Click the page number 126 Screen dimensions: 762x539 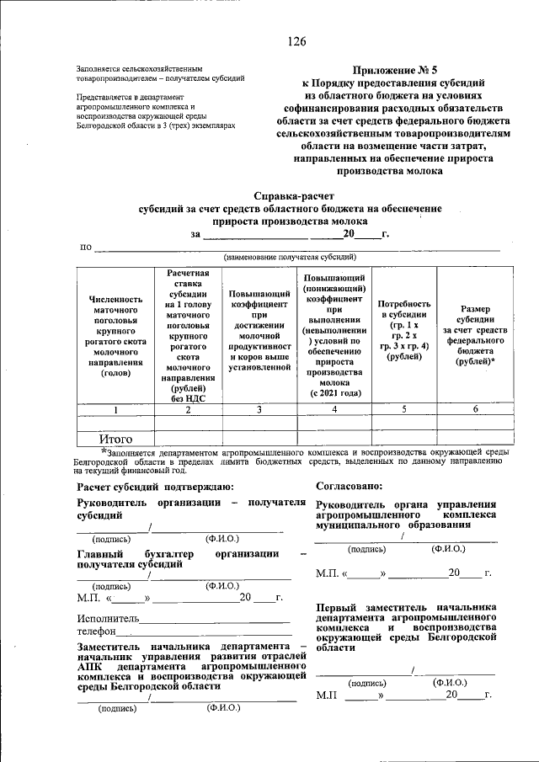coord(296,42)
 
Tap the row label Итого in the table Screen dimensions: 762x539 coord(116,439)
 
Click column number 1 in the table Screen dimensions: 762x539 coord(116,409)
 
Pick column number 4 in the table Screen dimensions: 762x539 coord(334,409)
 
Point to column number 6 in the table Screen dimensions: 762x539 coord(475,409)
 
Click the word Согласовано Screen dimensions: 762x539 coord(350,486)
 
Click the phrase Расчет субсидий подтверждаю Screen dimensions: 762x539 coord(149,486)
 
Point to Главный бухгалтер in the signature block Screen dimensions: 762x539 coord(135,553)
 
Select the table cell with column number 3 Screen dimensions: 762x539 coord(259,409)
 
